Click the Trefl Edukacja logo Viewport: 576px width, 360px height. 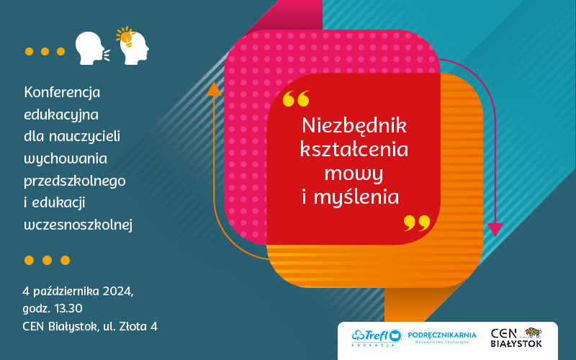377,338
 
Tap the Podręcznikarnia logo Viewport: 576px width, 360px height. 442,337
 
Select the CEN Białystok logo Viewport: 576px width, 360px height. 516,338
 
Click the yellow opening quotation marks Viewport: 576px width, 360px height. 296,99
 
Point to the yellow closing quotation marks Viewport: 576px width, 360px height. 417,223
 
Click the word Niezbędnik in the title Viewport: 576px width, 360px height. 354,125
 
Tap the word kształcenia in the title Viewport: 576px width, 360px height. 354,149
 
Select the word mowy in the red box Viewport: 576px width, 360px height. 354,174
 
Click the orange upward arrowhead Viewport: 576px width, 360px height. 214,89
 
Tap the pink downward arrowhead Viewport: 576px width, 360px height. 495,230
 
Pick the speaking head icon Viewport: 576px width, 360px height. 92,48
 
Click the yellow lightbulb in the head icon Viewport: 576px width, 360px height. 125,37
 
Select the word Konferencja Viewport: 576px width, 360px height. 62,92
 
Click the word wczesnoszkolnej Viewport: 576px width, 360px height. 78,225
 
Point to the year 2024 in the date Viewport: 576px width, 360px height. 117,292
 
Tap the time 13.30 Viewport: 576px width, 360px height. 68,308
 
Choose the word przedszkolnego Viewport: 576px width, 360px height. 75,181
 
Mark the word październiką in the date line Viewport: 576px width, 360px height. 66,292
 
